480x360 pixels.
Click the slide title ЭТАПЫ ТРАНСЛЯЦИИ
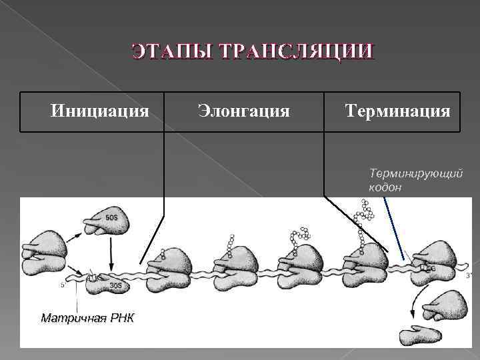(x=253, y=52)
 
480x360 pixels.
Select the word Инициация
(x=100, y=109)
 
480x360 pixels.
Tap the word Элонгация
(x=244, y=109)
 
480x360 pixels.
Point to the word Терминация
(x=398, y=109)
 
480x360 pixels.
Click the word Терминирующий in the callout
(x=415, y=173)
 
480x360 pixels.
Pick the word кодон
(x=385, y=187)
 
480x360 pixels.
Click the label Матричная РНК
(x=87, y=318)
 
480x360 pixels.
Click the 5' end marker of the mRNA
(x=63, y=285)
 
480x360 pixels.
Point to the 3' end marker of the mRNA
(x=469, y=275)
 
